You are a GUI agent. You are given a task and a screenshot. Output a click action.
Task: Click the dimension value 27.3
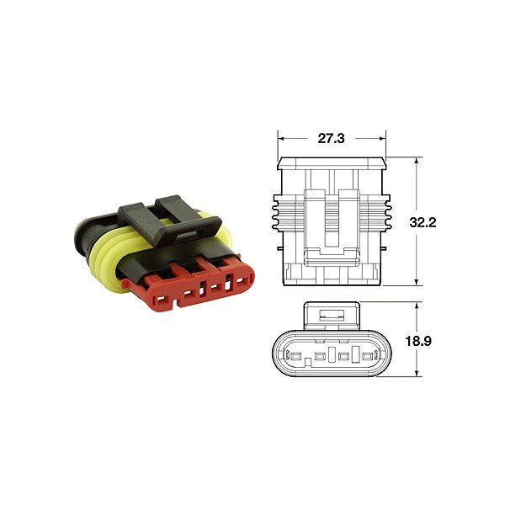(331, 139)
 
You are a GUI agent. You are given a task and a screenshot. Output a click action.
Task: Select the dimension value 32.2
(423, 222)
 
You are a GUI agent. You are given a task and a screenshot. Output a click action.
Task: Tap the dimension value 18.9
(418, 341)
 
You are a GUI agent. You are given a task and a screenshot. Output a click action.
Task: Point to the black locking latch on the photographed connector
(170, 218)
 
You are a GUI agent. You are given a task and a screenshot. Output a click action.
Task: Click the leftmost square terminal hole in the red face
(160, 300)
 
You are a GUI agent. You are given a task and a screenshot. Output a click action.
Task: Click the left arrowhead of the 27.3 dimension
(281, 139)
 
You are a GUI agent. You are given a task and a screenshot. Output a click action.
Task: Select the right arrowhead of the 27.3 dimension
(382, 139)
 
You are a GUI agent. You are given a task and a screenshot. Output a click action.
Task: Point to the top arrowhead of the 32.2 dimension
(417, 161)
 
